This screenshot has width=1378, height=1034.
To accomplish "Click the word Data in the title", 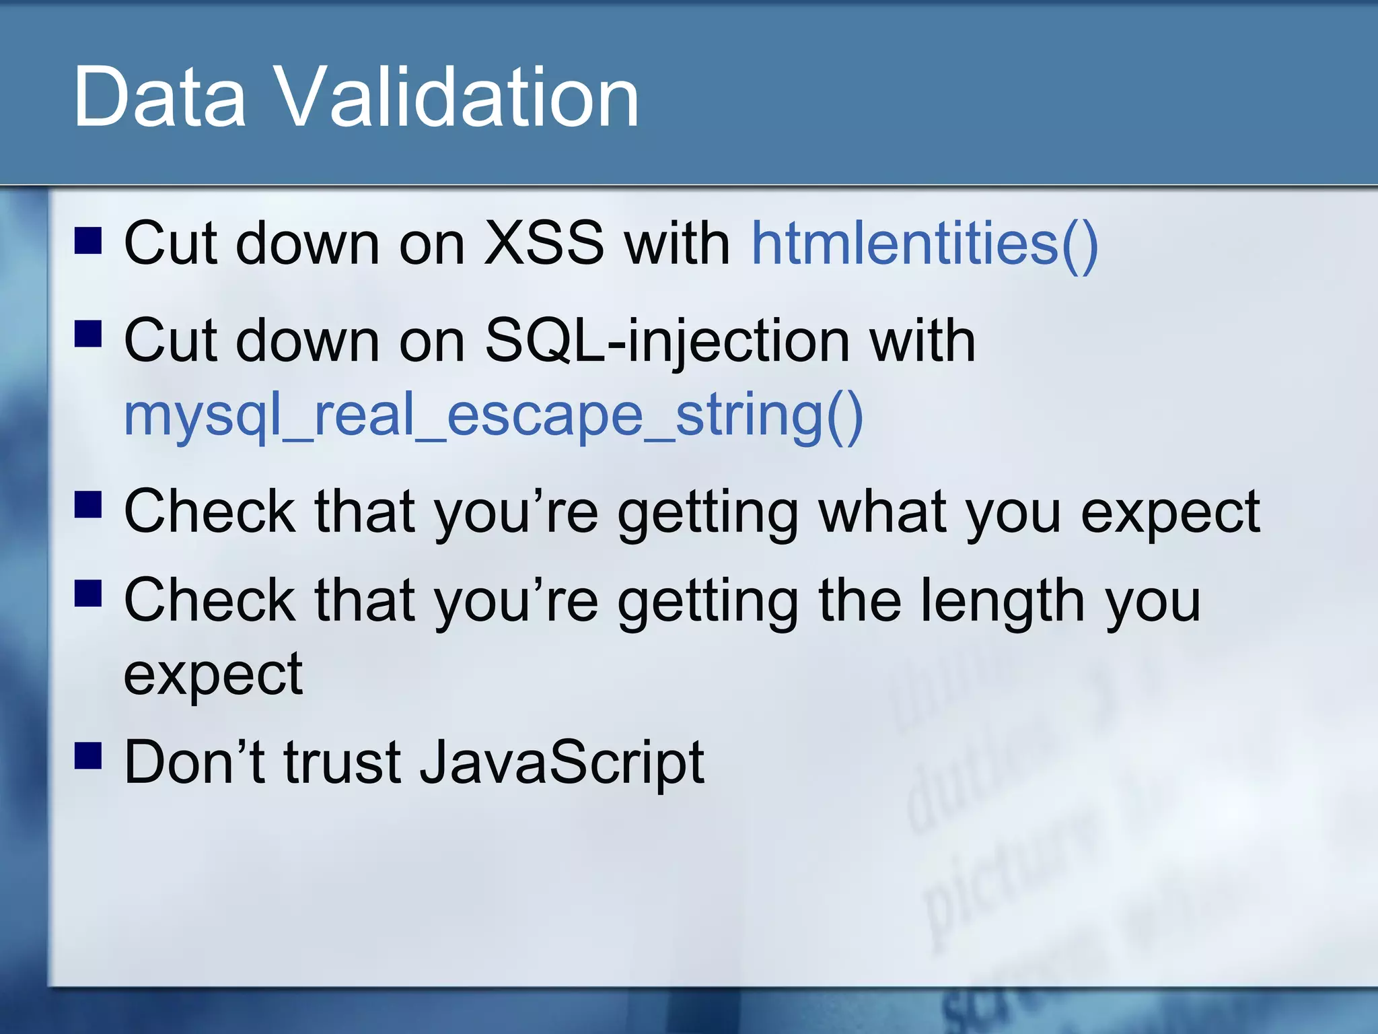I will (x=159, y=98).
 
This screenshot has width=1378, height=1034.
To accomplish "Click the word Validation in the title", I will (x=457, y=98).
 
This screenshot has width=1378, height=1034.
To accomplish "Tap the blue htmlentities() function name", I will (x=924, y=244).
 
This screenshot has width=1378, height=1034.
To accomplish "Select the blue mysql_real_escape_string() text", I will (x=493, y=415).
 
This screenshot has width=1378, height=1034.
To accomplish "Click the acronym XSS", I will (x=544, y=244).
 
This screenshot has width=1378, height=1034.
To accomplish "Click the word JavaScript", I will (x=561, y=763).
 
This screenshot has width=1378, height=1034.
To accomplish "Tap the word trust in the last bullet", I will (x=342, y=763).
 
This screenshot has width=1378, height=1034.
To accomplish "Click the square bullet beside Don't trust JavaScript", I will (x=88, y=755).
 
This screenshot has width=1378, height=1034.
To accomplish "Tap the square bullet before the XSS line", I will (x=88, y=240).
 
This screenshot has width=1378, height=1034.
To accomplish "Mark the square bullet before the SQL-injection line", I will (x=88, y=333).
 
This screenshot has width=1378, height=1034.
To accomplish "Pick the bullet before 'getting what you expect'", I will (x=88, y=504).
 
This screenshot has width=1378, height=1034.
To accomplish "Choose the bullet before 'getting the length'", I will (x=88, y=593).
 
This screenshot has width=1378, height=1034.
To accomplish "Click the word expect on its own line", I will (x=213, y=675).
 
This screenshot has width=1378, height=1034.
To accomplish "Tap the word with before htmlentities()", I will (x=677, y=244).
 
